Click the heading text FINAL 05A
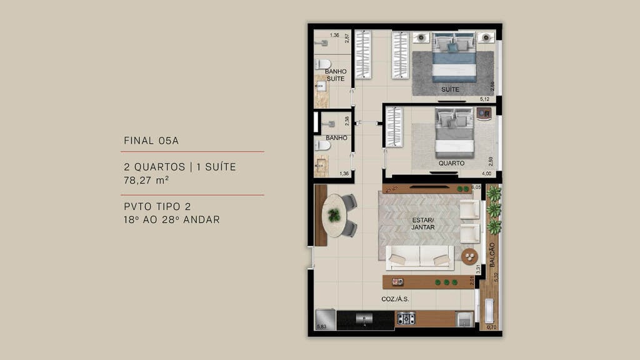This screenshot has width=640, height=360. [x=151, y=141]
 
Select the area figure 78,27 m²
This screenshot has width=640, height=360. [x=147, y=180]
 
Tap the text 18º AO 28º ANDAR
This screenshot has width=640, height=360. [x=172, y=220]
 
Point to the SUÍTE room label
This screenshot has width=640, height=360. [x=450, y=89]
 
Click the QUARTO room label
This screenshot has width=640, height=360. [x=451, y=163]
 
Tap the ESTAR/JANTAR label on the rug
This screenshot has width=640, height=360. [x=422, y=223]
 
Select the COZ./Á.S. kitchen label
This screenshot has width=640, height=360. [x=395, y=299]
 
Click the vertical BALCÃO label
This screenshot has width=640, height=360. [x=492, y=255]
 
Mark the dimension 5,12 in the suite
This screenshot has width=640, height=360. [x=484, y=99]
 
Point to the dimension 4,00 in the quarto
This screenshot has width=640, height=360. [x=486, y=173]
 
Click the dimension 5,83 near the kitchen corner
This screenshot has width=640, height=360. [x=322, y=327]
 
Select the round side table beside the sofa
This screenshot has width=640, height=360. [x=469, y=256]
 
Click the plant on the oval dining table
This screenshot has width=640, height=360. [x=335, y=215]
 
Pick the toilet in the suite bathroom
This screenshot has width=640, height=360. [x=322, y=64]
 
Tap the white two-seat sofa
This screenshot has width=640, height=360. [x=419, y=256]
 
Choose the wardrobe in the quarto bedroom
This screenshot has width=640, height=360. [x=394, y=127]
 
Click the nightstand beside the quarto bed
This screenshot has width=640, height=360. [x=483, y=113]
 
